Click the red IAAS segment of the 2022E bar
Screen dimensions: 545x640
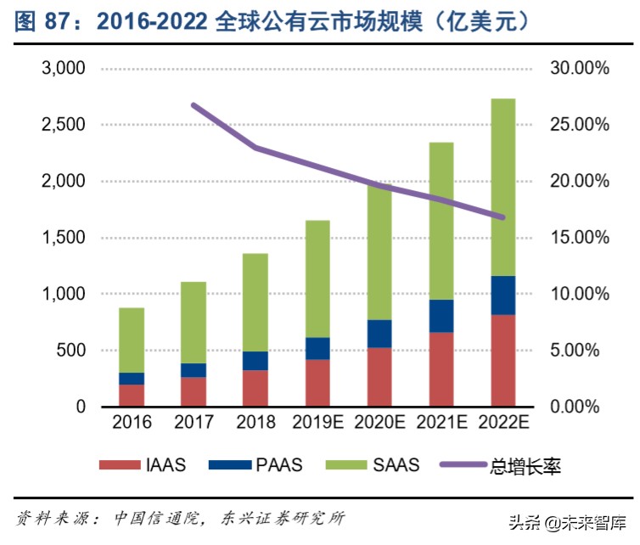coord(503,360)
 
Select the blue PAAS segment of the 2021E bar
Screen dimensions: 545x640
coord(441,316)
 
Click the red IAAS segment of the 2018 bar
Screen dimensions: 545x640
coord(255,388)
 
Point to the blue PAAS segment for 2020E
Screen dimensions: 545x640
coord(379,334)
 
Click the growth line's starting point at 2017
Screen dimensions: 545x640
coord(194,105)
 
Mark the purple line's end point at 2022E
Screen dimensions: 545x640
coord(502,217)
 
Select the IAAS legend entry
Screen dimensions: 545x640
coord(143,464)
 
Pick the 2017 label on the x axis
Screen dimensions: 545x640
coord(194,422)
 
